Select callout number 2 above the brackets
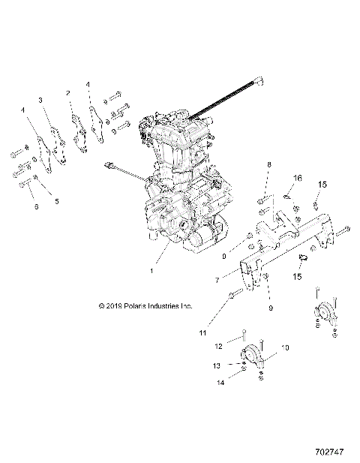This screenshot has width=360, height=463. [x=68, y=93]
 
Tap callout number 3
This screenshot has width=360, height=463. [x=40, y=100]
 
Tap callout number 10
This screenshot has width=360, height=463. [x=285, y=347]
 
